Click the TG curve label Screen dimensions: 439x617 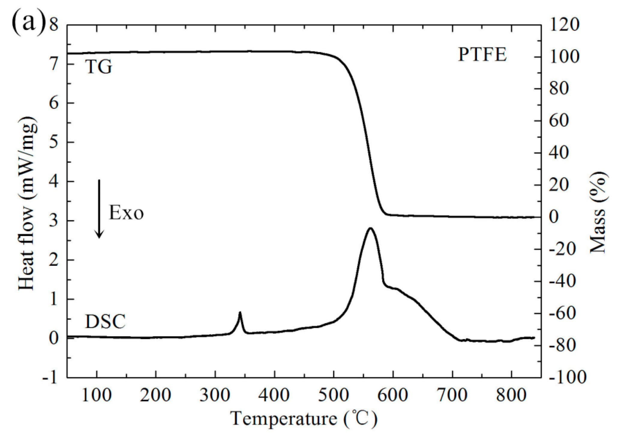99,67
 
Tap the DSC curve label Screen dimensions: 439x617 105,322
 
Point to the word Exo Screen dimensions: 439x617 126,213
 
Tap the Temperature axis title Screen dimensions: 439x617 304,418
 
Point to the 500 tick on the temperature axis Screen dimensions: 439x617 334,395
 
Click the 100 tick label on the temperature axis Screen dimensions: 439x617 97,395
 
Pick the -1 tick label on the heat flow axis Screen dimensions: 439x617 49,377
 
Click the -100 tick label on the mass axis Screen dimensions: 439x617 567,377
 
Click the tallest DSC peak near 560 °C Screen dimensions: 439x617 370,229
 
